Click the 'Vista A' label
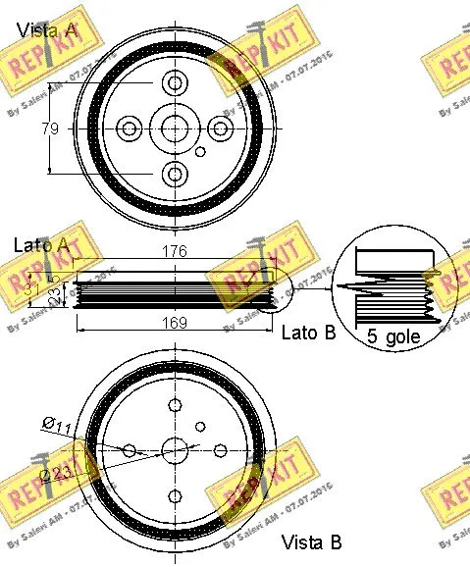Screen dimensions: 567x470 (x=46, y=30)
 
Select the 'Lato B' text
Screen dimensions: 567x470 (x=308, y=333)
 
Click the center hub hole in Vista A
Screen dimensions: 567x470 (x=175, y=129)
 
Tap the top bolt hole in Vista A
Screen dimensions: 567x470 (x=175, y=82)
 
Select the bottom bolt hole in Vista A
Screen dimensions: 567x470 (x=175, y=175)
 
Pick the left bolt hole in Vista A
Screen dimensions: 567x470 (x=129, y=129)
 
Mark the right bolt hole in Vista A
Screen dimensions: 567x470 (x=221, y=129)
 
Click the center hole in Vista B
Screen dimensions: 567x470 (x=175, y=450)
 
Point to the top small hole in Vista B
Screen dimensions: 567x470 (x=175, y=405)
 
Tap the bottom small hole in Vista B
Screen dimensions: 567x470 (x=175, y=495)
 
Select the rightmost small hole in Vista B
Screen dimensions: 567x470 (x=221, y=450)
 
